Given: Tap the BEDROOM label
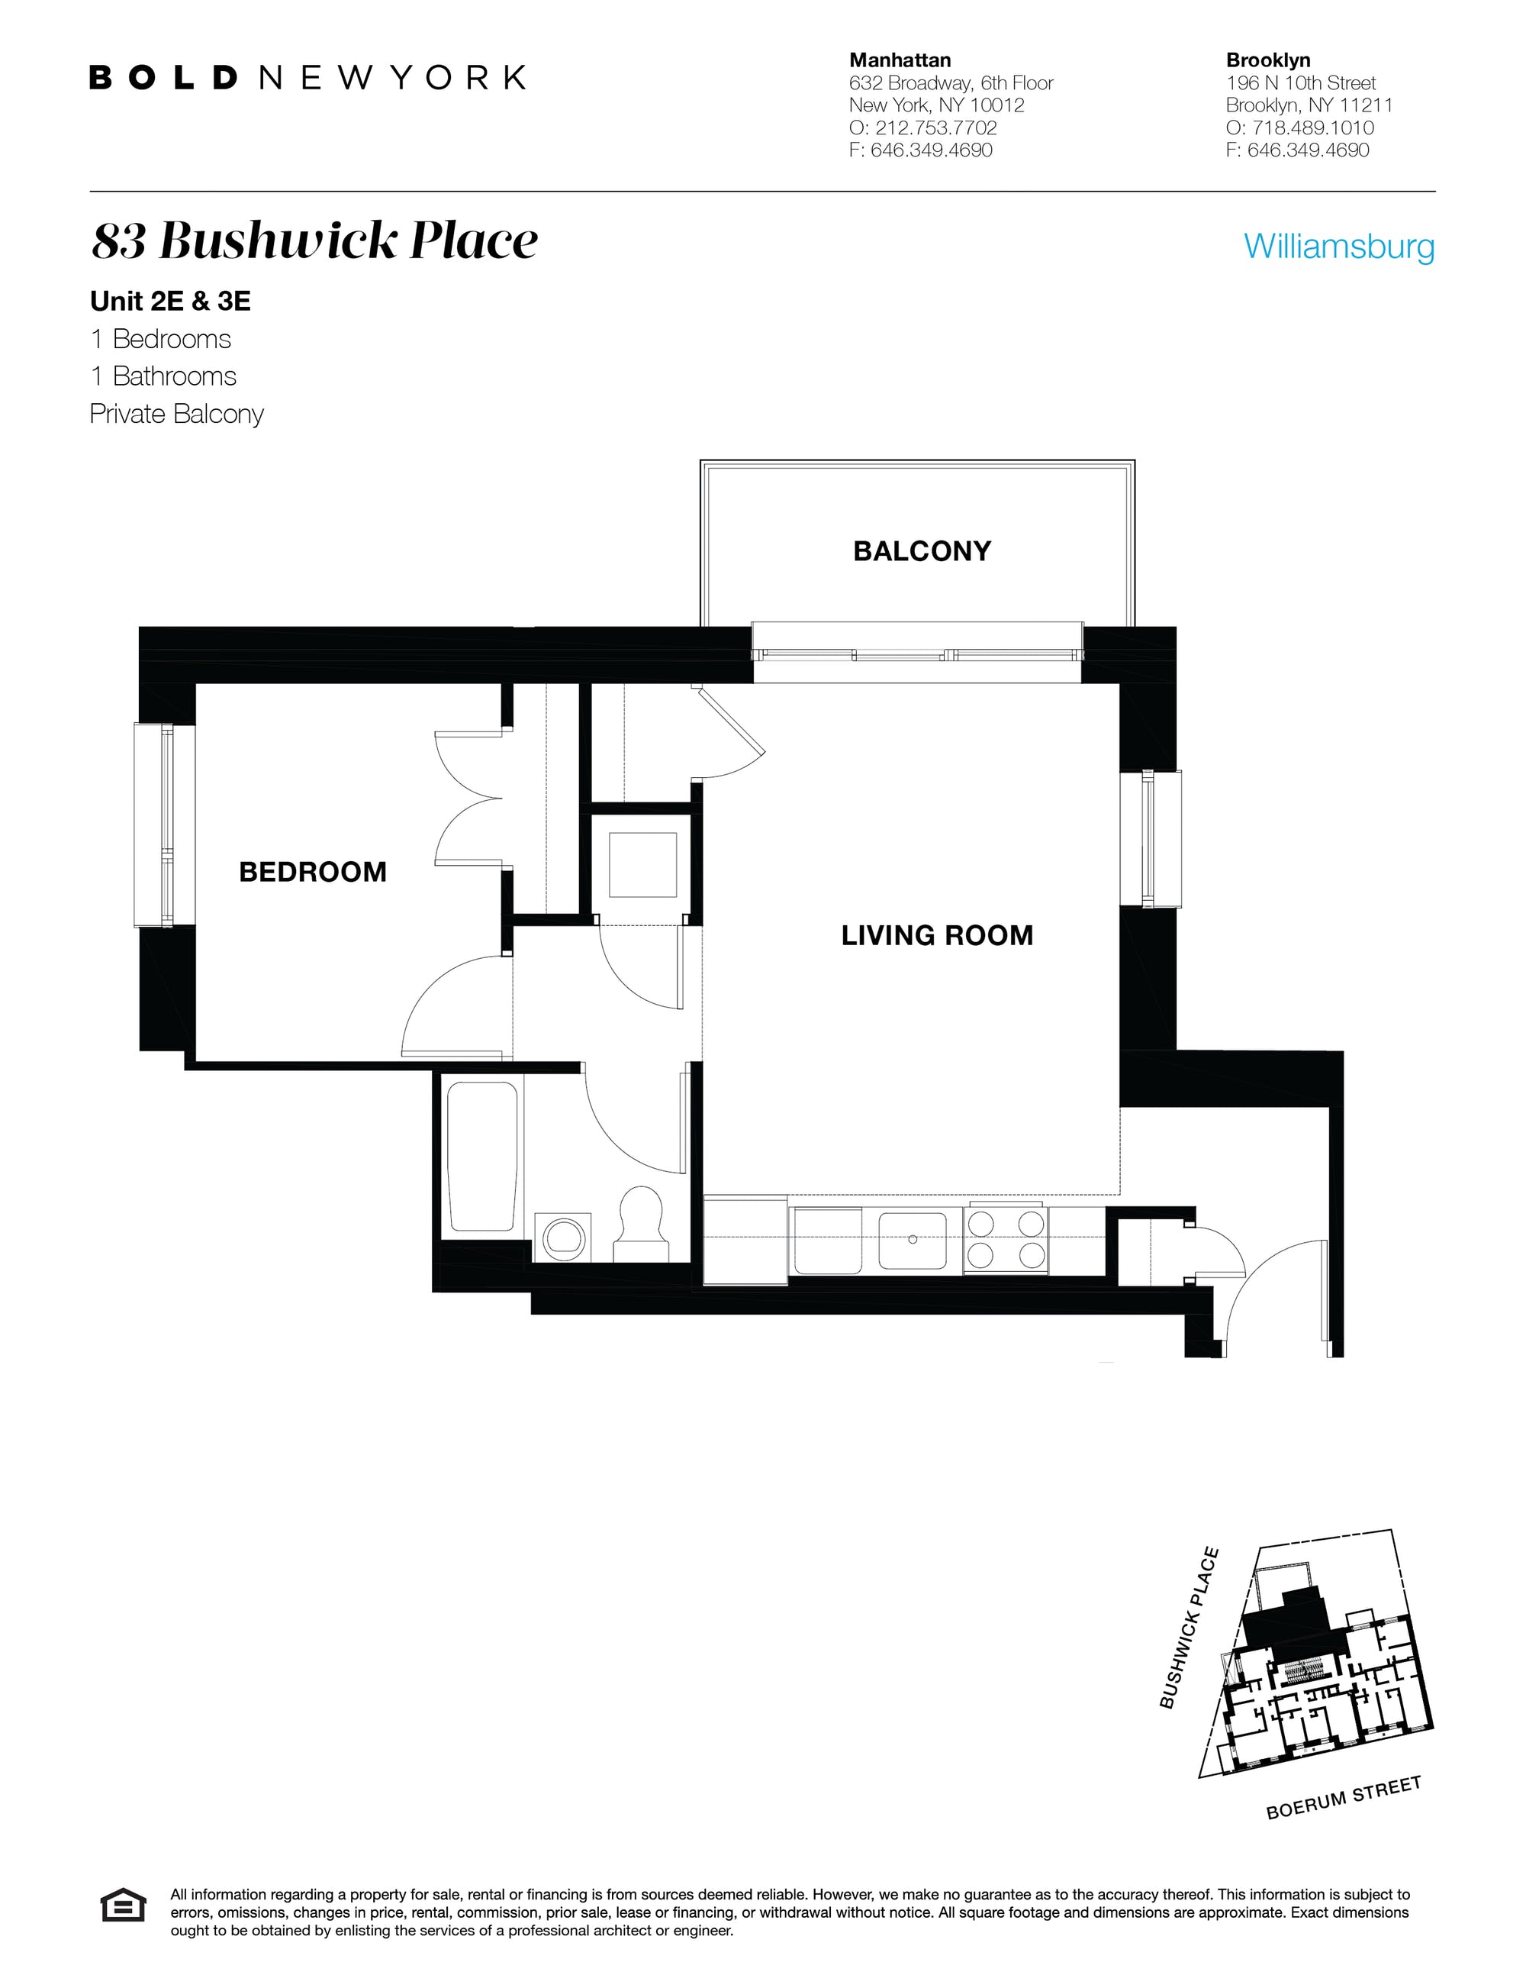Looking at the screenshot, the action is [312, 872].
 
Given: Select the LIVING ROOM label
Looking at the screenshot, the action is [936, 935].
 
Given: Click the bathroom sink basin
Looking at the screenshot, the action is [564, 1236].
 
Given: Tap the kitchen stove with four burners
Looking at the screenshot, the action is [1006, 1239].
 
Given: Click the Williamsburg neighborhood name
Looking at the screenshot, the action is [1338, 246].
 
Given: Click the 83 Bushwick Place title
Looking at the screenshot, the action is [314, 240].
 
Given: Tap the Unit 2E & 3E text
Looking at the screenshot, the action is [170, 301].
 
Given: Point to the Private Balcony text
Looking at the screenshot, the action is [176, 415].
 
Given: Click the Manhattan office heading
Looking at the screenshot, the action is [900, 60].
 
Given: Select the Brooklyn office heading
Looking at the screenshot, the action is [1267, 60].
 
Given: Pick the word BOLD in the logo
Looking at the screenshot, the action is [163, 78].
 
